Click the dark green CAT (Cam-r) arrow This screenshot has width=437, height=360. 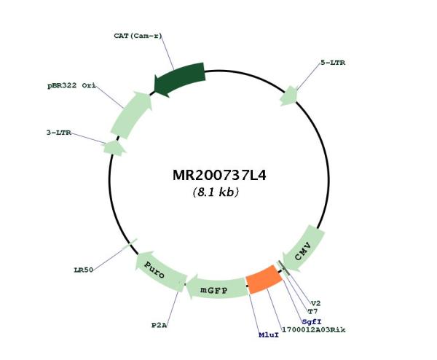coord(180,79)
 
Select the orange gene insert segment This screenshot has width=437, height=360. coord(264,280)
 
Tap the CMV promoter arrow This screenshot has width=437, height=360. coord(303,249)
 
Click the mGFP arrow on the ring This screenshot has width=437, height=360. coord(216,288)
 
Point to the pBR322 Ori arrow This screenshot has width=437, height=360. coord(132,114)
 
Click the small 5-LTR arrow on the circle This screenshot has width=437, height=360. coord(288,96)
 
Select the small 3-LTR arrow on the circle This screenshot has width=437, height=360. coord(114,148)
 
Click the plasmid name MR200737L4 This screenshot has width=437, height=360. coord(219,176)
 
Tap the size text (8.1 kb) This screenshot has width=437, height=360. coord(216,192)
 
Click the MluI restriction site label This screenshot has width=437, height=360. coord(269,335)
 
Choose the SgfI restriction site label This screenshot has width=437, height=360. coord(312,322)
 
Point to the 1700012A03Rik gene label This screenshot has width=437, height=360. coord(314,330)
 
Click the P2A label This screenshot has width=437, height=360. coord(159,325)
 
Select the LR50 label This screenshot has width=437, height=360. coord(84,270)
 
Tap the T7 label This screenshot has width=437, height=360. coord(312,311)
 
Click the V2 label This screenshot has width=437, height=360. coord(316,303)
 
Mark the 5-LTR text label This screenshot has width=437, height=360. coord(333,63)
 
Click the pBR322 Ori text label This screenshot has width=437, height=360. coord(71,85)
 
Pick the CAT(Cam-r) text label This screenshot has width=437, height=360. coord(138,36)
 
